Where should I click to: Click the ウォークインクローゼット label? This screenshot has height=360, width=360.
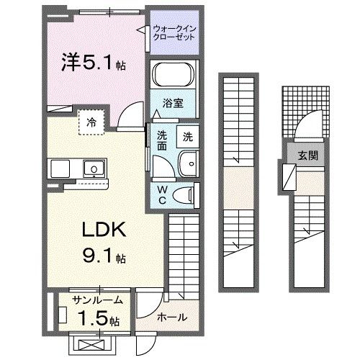(176, 32)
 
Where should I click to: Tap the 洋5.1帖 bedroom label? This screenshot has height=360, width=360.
(94, 63)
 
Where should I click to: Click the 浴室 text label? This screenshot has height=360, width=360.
(173, 103)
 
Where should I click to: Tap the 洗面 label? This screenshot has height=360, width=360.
(163, 140)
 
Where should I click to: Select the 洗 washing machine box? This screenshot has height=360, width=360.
(187, 136)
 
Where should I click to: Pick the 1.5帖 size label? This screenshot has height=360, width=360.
(98, 319)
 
